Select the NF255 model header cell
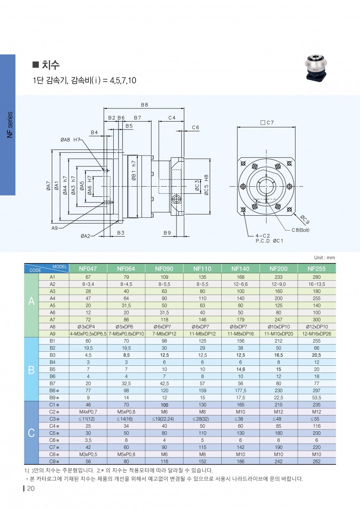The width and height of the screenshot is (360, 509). coord(317,268)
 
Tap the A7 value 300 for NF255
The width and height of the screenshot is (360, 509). coord(317,320)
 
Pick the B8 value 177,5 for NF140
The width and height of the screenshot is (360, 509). coord(241,390)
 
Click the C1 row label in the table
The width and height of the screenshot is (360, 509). coord(53,404)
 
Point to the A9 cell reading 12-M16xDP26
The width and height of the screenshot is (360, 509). coord(317,334)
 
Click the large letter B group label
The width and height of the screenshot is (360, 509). coord(31,369)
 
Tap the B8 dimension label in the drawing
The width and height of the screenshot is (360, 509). coord(144,105)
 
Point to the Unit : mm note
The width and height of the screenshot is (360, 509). coord(324,257)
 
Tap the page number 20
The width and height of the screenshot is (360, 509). coord(30,489)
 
